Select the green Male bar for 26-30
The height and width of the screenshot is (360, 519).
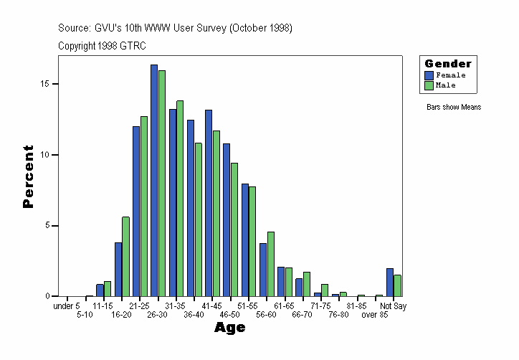click(x=162, y=184)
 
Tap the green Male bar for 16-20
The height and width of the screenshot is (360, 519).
click(x=126, y=257)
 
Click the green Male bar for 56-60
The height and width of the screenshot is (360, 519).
click(x=270, y=264)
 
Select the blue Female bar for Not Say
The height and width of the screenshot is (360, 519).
click(x=390, y=283)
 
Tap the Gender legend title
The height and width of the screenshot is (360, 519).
click(x=448, y=64)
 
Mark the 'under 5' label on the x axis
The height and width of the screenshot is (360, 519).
click(x=67, y=306)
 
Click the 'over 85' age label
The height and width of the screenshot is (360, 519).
click(x=375, y=315)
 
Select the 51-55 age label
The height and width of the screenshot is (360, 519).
click(x=248, y=306)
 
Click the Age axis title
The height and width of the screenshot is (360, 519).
click(x=230, y=328)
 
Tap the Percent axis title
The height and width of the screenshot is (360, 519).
click(x=28, y=176)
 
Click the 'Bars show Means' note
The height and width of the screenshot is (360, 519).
click(x=453, y=108)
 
